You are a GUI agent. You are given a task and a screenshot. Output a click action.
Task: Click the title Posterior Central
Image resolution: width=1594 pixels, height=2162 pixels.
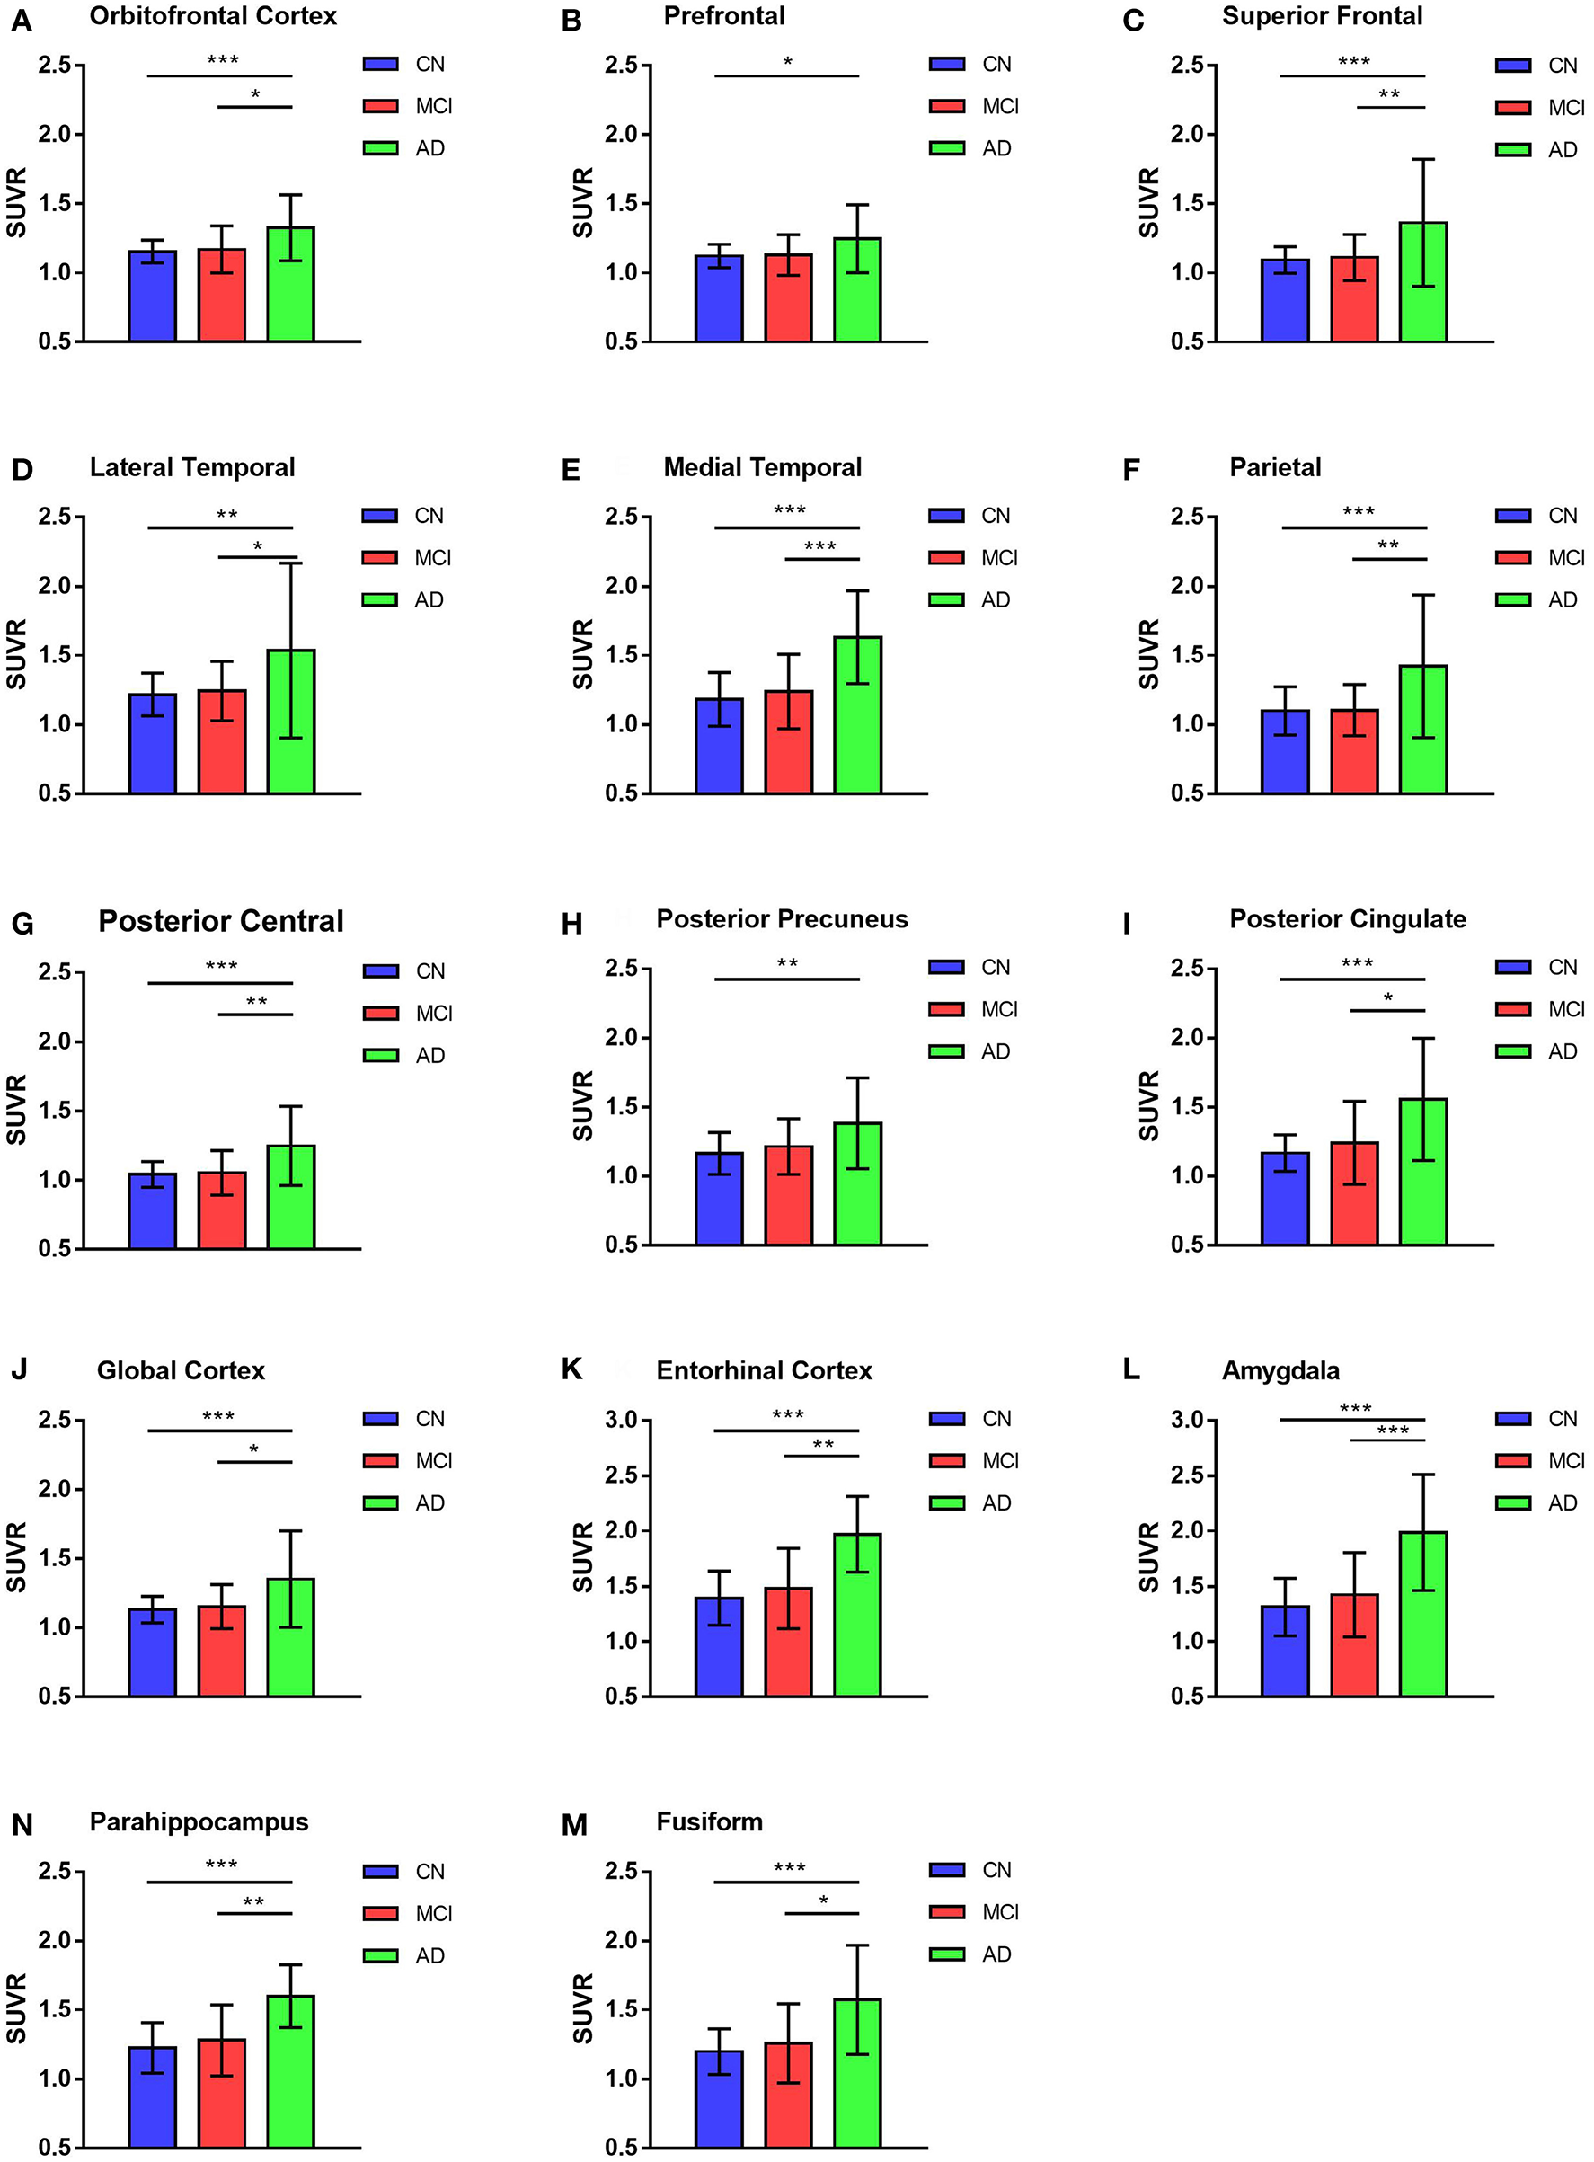(221, 920)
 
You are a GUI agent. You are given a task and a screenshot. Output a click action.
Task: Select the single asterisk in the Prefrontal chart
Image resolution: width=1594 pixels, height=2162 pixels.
(787, 63)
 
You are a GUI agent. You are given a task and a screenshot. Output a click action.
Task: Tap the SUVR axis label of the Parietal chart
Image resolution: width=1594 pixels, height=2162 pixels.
(1148, 654)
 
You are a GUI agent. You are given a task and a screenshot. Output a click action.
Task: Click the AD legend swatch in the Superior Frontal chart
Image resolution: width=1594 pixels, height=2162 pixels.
(1513, 149)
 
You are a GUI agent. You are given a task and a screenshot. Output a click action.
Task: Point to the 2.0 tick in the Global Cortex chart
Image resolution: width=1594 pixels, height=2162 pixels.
(54, 1489)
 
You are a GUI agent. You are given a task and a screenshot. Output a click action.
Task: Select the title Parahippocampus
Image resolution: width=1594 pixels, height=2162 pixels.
(199, 1821)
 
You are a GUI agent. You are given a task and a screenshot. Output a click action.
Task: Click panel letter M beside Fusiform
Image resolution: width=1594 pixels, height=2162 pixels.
(573, 1824)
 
